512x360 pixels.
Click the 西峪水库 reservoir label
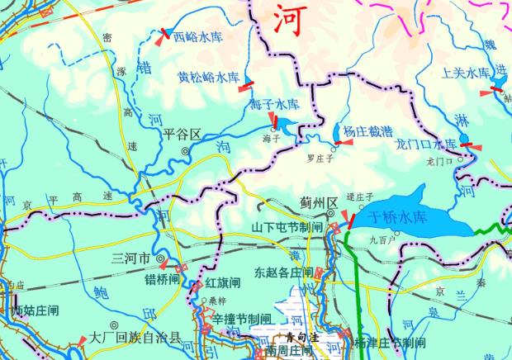[198, 37]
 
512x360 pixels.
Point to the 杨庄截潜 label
[366, 131]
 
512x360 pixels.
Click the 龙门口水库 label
[426, 144]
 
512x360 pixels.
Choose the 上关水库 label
[467, 73]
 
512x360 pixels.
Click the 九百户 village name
[382, 240]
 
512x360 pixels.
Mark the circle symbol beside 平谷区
[185, 151]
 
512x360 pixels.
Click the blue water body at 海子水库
[285, 126]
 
